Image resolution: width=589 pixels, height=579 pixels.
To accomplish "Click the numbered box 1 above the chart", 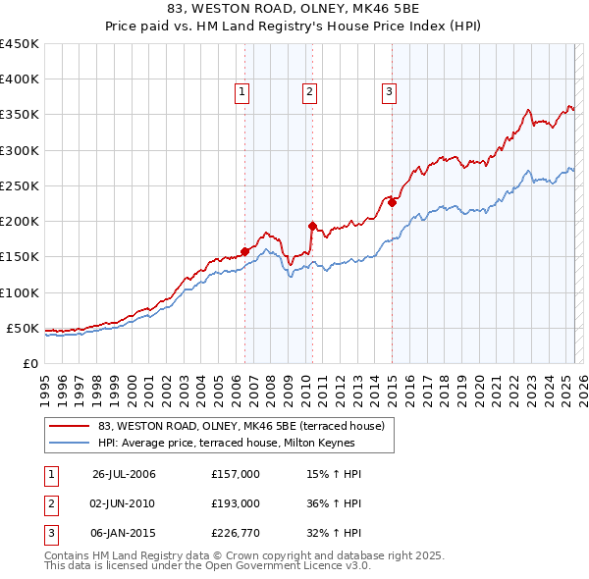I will [x=241, y=93].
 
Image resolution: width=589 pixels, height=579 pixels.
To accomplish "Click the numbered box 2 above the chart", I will [x=309, y=93].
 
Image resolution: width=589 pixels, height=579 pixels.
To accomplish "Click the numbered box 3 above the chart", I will [x=389, y=93].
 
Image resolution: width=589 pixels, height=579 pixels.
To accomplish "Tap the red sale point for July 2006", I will [x=244, y=251].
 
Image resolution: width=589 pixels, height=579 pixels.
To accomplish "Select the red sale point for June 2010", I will [x=311, y=226].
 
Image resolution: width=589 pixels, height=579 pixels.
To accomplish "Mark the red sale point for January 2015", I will [x=392, y=202].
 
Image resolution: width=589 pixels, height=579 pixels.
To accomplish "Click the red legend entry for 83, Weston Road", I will [x=246, y=425].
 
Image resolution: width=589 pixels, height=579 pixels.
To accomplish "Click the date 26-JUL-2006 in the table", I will [x=124, y=474].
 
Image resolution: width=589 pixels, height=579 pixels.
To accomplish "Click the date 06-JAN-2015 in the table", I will [x=124, y=533].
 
